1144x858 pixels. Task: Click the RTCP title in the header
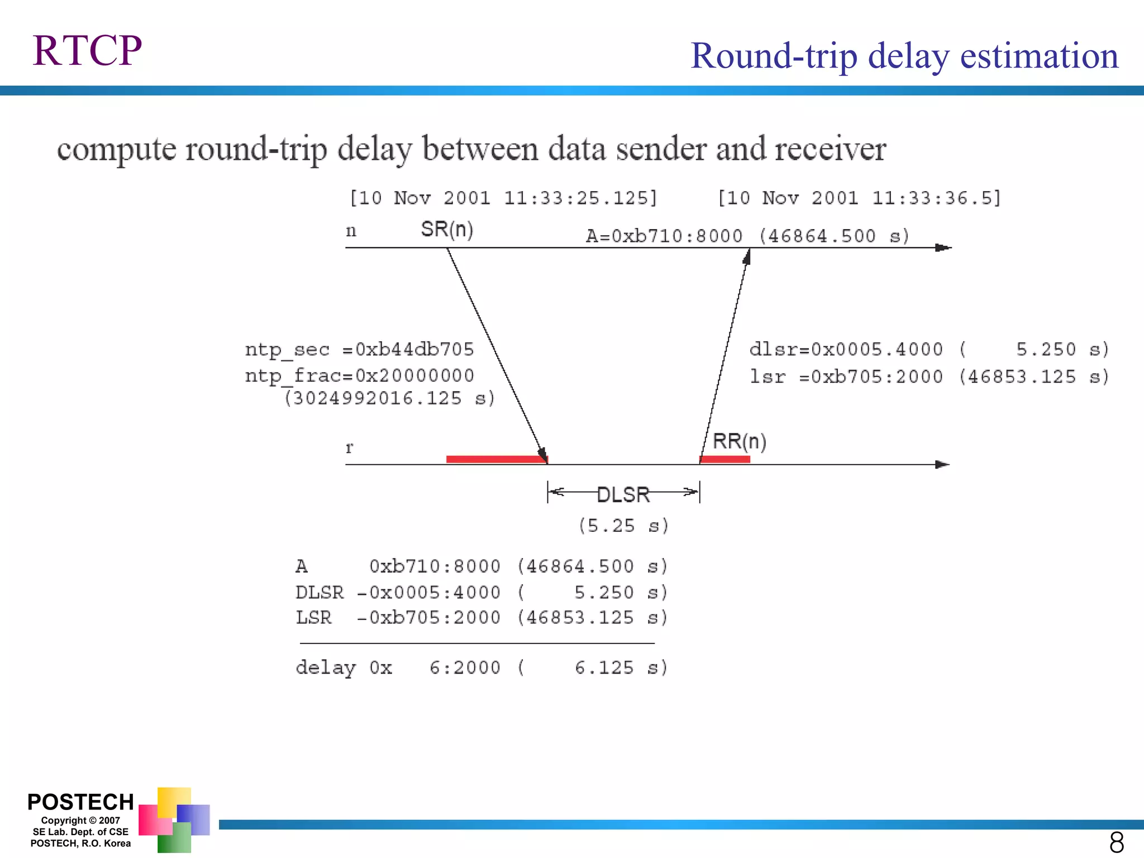coord(87,51)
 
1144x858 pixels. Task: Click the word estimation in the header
coord(1039,56)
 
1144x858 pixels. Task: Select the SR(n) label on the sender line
coord(447,229)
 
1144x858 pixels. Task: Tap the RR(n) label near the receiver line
coord(739,441)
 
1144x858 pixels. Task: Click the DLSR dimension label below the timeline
coord(623,494)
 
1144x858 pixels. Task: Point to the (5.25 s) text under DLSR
coord(623,526)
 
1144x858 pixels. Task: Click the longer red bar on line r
coord(496,459)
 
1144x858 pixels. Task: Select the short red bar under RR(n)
coord(724,459)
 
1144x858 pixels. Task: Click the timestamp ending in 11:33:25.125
coord(503,198)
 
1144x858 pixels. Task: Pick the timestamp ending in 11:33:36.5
coord(859,198)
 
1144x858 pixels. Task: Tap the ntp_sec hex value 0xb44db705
coord(414,349)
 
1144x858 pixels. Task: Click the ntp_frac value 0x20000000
coord(414,375)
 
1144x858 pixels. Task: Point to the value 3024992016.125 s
coord(389,398)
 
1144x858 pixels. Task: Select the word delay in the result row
coord(325,668)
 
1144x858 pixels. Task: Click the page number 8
coord(1117,842)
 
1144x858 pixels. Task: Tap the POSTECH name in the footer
coord(80,802)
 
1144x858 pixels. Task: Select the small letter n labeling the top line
coord(351,231)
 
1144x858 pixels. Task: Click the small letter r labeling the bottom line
coord(350,447)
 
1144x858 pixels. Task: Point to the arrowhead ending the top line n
coord(943,247)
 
